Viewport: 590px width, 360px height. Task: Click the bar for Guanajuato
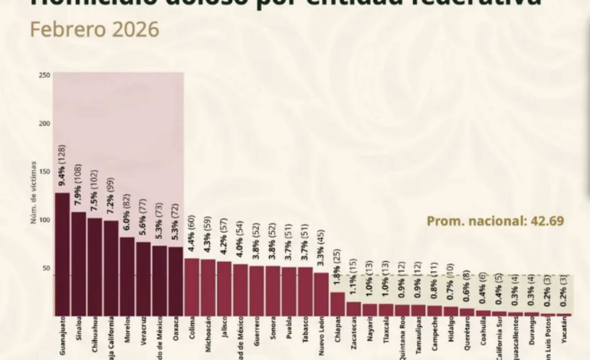coord(62,253)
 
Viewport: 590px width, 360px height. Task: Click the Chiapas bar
coord(337,303)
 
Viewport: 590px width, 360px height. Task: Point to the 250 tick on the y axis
coord(44,75)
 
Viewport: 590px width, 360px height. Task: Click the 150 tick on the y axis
coord(44,172)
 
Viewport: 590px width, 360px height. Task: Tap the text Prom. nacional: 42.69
coord(495,221)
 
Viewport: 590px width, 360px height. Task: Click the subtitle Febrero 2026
coord(94,30)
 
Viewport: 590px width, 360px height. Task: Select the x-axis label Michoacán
coord(208,338)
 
